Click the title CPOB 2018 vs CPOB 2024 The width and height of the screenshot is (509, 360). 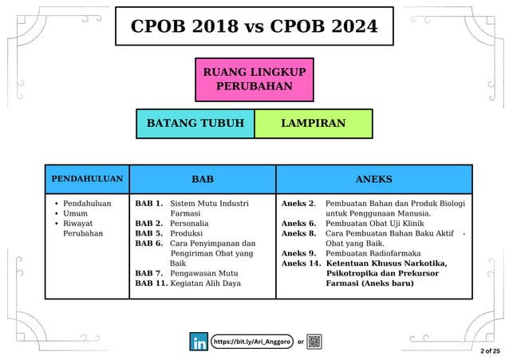(x=254, y=26)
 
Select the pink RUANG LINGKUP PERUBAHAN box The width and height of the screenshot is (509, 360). (x=254, y=79)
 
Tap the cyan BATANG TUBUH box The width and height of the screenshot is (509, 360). (x=195, y=124)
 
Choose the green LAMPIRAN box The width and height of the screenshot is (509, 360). (x=314, y=124)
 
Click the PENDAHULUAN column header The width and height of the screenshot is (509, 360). (x=87, y=179)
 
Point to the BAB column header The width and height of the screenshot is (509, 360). (x=203, y=179)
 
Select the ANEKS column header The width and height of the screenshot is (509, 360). (x=373, y=179)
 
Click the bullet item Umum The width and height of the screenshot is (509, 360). (x=76, y=214)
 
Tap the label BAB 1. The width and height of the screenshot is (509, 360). (x=149, y=204)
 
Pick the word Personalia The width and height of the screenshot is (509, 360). (x=189, y=224)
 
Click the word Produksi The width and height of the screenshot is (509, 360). (x=187, y=234)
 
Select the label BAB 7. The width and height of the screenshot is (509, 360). (x=149, y=273)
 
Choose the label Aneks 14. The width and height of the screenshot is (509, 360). (x=301, y=263)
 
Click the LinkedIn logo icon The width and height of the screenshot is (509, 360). (x=199, y=342)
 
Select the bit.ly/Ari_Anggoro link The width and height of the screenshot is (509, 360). (x=251, y=342)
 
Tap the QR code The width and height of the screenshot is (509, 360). (x=314, y=342)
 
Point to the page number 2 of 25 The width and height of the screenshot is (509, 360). (x=490, y=350)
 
